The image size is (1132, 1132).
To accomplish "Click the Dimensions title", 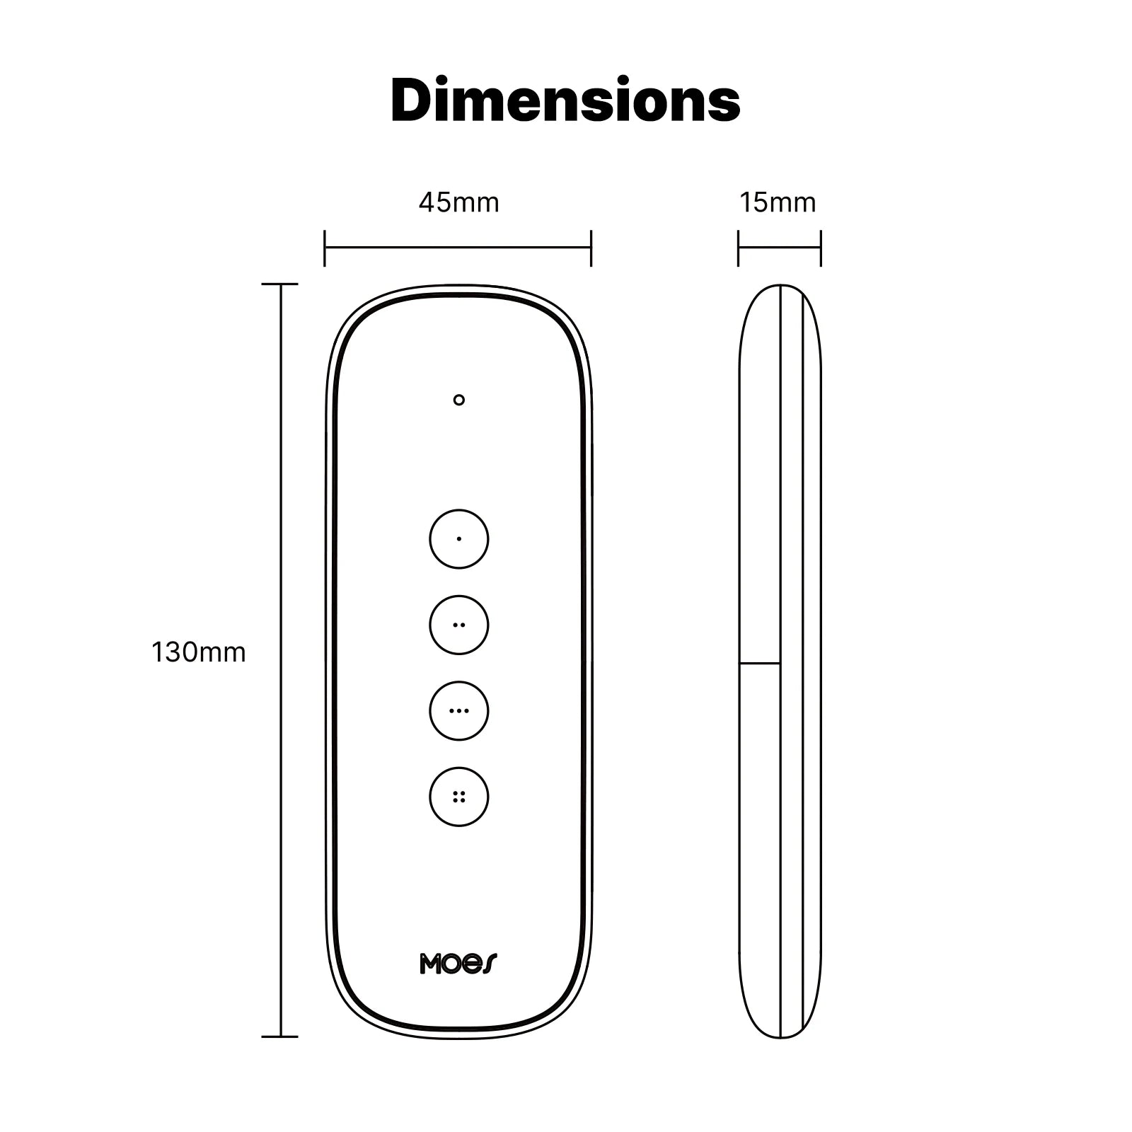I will coord(565,101).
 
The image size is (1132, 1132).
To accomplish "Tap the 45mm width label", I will coord(458,203).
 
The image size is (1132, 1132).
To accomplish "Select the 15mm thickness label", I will coord(778,203).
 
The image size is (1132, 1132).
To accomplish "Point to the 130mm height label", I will coord(199,652).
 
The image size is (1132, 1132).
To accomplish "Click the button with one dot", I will coord(458,539).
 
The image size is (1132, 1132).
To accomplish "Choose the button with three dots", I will coord(458,710).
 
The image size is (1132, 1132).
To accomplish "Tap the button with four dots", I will coord(458,797).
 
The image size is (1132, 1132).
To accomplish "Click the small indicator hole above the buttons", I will coord(458,400).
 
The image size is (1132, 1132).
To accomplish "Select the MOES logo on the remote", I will coord(458,964).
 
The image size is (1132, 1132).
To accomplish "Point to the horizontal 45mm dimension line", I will coord(458,248).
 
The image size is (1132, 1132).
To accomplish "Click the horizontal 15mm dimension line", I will coord(779,248).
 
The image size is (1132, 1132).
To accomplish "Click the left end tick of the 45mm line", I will coord(325,248).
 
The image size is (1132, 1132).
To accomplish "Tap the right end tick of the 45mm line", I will coord(591,248).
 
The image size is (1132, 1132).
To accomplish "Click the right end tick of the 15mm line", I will coord(821,248).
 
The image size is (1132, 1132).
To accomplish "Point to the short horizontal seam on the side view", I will coord(760,663).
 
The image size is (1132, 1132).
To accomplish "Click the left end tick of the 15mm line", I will coord(738,248).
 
